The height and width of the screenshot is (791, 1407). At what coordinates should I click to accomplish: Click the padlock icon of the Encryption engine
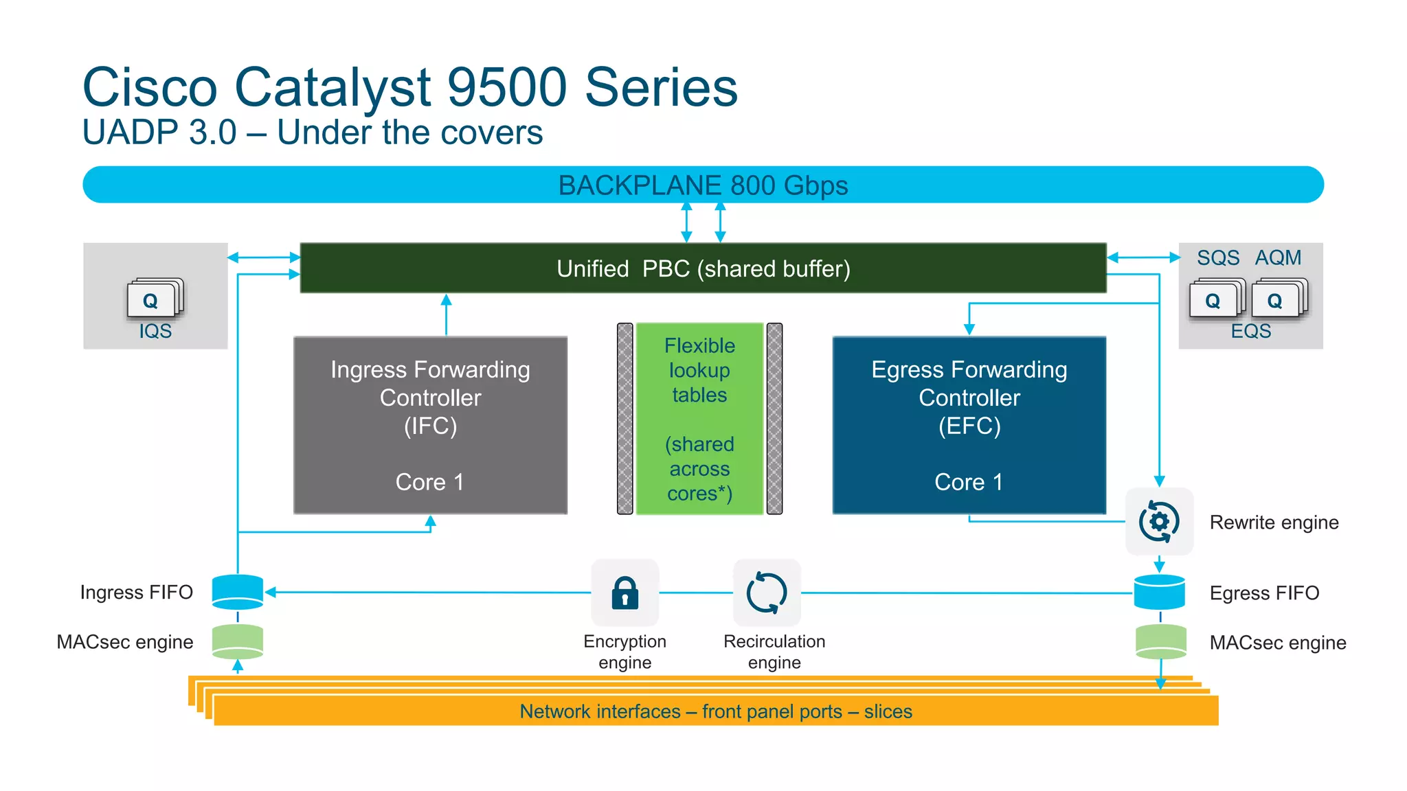pyautogui.click(x=624, y=593)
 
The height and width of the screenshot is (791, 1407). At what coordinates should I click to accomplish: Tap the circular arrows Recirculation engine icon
pyautogui.click(x=767, y=593)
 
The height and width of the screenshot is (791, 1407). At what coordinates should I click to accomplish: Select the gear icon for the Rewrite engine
pyautogui.click(x=1159, y=522)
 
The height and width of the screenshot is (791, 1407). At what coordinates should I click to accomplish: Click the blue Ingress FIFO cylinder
pyautogui.click(x=238, y=592)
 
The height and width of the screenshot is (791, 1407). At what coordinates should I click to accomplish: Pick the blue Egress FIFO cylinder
pyautogui.click(x=1159, y=592)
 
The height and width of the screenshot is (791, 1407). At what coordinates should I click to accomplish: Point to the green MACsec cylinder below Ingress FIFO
pyautogui.click(x=238, y=641)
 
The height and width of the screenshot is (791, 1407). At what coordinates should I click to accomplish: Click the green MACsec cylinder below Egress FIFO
pyautogui.click(x=1160, y=641)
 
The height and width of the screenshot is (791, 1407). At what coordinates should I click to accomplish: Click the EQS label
pyautogui.click(x=1250, y=331)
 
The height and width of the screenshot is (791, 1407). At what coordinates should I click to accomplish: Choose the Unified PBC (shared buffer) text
pyautogui.click(x=703, y=268)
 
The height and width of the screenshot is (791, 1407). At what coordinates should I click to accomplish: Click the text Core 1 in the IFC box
pyautogui.click(x=429, y=482)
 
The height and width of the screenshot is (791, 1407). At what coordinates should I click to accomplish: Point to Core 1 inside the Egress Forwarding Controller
pyautogui.click(x=968, y=482)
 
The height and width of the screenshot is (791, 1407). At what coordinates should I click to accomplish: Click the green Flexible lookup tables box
pyautogui.click(x=699, y=419)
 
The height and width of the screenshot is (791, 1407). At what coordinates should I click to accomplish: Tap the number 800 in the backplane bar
pyautogui.click(x=752, y=185)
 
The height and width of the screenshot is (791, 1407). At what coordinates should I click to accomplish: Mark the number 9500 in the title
pyautogui.click(x=507, y=88)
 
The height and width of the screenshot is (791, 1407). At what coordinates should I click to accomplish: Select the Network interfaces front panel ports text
pyautogui.click(x=715, y=711)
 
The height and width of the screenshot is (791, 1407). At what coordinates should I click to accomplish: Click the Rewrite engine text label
pyautogui.click(x=1274, y=523)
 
